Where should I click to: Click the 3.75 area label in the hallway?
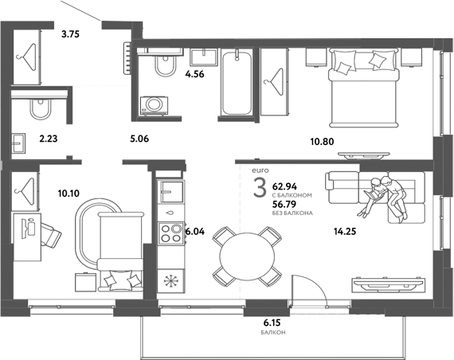click(x=71, y=33)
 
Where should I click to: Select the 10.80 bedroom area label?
click(x=322, y=143)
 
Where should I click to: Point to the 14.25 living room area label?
click(x=345, y=232)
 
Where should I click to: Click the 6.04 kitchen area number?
click(x=196, y=232)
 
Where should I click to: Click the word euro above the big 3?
click(x=260, y=170)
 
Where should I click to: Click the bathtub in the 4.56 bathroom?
click(x=237, y=82)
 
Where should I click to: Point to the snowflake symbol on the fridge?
click(x=170, y=283)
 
